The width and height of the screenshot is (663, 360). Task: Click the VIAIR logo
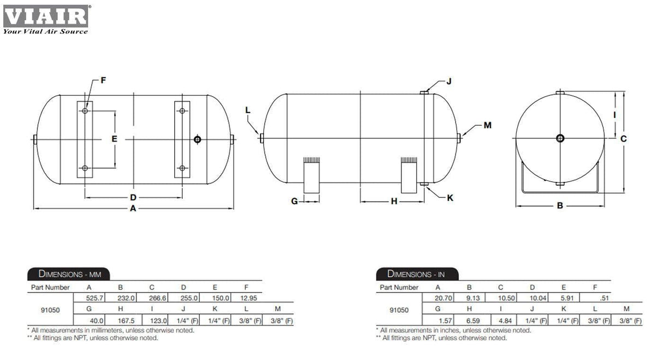[x=46, y=19]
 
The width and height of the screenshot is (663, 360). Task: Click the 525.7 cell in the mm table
[x=94, y=298]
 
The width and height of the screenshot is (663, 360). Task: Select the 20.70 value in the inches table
[x=443, y=298]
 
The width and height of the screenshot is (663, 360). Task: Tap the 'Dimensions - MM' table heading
[x=69, y=274]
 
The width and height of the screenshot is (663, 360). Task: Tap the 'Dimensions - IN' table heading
[x=416, y=274]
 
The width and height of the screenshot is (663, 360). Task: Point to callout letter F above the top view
[x=103, y=80]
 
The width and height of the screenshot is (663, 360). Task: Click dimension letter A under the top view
[x=133, y=209]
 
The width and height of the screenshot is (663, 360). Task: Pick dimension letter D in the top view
[x=133, y=197]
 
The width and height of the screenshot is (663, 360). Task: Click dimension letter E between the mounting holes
[x=114, y=139]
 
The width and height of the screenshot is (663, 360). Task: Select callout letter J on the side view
[x=449, y=81]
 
